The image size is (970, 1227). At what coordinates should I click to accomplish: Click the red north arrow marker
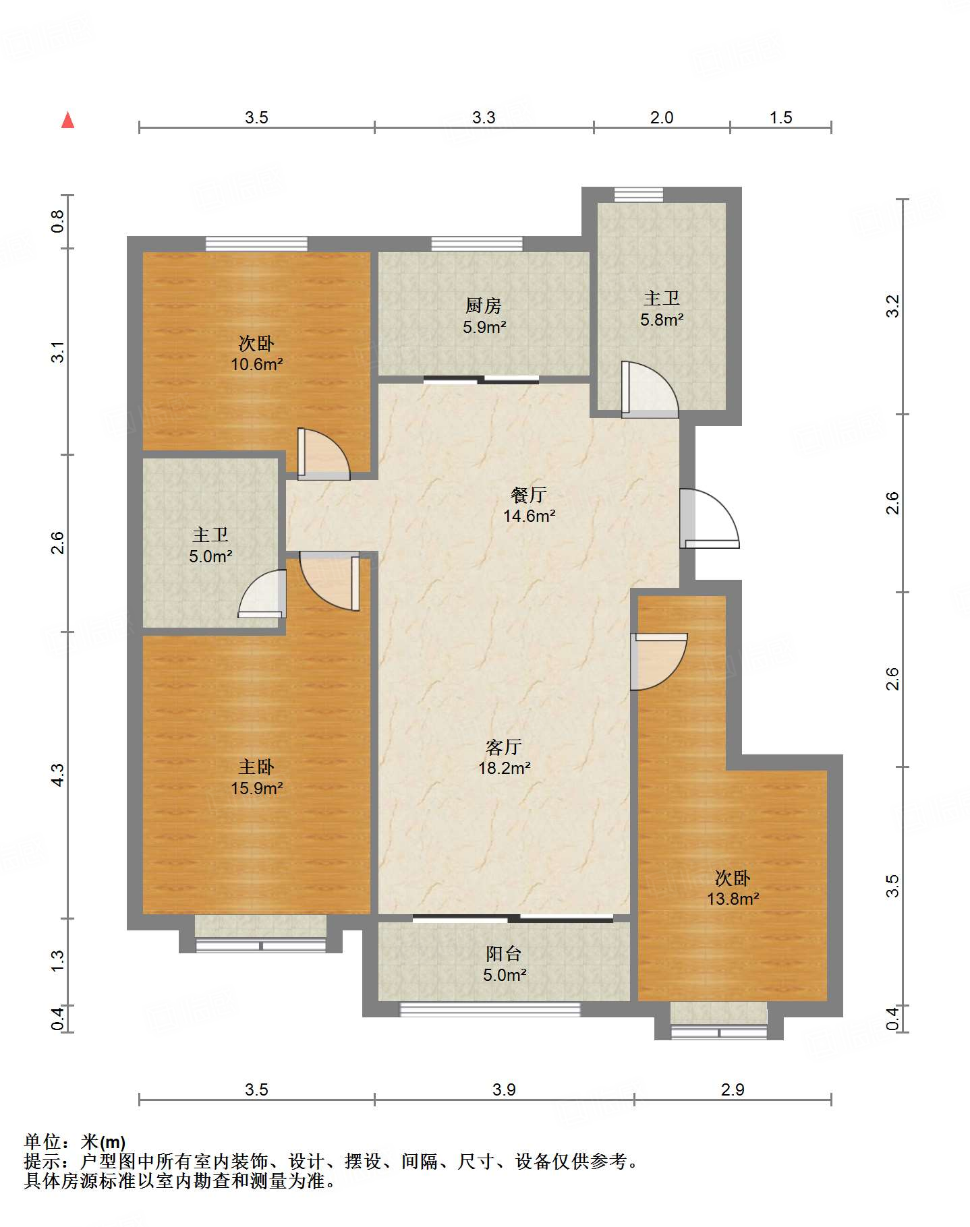[67, 120]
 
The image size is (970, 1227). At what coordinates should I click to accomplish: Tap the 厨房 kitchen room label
[484, 306]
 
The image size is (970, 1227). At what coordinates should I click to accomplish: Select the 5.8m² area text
[662, 320]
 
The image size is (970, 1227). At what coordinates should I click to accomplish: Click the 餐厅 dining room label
[529, 495]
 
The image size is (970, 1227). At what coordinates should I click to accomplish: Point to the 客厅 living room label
[504, 747]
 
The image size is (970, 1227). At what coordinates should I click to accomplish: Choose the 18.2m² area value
[505, 768]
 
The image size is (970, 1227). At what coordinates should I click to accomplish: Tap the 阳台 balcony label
[504, 954]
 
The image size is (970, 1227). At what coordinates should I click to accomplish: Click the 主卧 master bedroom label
[256, 767]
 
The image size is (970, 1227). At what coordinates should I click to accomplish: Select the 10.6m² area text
[256, 365]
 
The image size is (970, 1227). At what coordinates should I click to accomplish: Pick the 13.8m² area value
[733, 899]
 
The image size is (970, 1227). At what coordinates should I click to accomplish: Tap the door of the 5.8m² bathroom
[650, 390]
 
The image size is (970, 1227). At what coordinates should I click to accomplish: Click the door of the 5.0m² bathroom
[262, 594]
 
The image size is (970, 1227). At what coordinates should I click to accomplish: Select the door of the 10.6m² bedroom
[324, 454]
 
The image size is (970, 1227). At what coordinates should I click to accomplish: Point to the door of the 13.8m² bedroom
[659, 661]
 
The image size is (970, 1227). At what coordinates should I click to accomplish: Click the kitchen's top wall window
[477, 244]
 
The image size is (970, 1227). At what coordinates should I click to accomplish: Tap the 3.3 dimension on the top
[484, 118]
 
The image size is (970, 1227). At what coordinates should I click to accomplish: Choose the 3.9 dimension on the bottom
[504, 1090]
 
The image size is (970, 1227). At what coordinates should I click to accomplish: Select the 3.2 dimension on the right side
[892, 306]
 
